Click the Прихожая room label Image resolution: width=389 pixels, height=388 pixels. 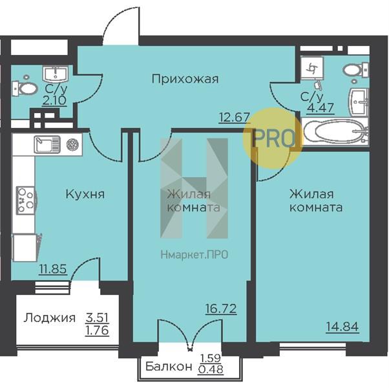click(185, 79)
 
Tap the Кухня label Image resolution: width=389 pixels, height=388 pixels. click(85, 194)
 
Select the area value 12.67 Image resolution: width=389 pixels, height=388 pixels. click(235, 117)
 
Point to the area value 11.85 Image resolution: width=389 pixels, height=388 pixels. click(53, 269)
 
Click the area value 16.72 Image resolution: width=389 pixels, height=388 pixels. click(221, 309)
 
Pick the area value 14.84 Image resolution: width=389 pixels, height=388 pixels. click(342, 327)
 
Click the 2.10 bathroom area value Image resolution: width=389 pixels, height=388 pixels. click(54, 100)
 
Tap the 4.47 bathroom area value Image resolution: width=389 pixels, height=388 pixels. click(321, 108)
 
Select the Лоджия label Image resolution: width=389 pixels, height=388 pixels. click(49, 318)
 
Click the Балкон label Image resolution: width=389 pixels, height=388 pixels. click(169, 367)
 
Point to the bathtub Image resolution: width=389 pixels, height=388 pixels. click(335, 131)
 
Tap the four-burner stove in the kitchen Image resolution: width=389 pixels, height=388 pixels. click(26, 200)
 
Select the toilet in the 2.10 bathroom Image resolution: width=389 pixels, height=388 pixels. click(25, 87)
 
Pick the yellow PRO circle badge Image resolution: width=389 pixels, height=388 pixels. click(273, 138)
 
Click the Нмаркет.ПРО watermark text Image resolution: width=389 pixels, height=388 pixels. click(194, 255)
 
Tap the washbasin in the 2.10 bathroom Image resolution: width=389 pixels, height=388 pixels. click(55, 74)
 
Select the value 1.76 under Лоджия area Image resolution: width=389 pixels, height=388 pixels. click(97, 330)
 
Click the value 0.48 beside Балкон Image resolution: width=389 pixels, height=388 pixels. click(211, 370)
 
